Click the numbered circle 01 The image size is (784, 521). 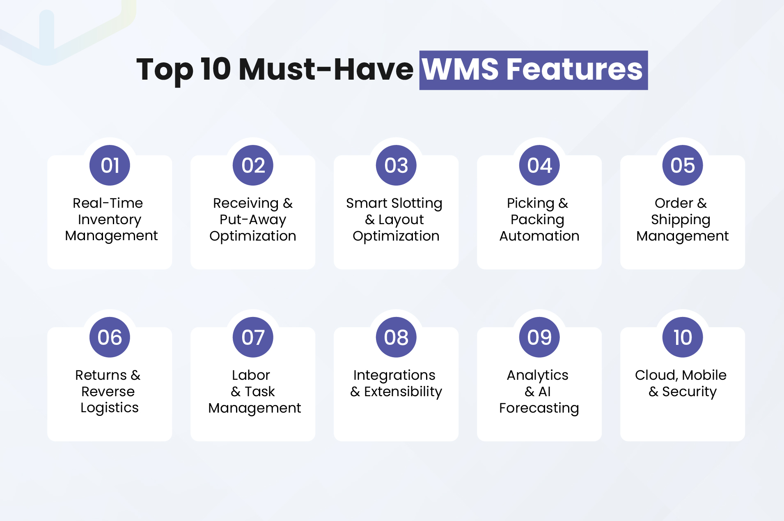click(110, 165)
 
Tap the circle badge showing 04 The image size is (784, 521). click(539, 165)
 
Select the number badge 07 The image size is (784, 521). click(253, 337)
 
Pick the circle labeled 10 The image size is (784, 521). click(683, 337)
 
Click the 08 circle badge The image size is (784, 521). click(396, 337)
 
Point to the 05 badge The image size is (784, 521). click(683, 165)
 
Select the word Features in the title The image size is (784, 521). click(575, 69)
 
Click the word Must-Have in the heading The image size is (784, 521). click(326, 69)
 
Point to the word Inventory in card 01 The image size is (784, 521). click(110, 220)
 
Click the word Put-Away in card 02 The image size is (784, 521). click(253, 220)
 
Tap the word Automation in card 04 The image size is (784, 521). click(539, 236)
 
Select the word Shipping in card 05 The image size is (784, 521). click(681, 220)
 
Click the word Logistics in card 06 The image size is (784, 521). click(110, 408)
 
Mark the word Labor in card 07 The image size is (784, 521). click(251, 375)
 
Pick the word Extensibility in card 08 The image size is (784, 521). click(403, 392)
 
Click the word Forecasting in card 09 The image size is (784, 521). click(539, 408)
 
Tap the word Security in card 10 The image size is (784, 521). click(690, 392)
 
